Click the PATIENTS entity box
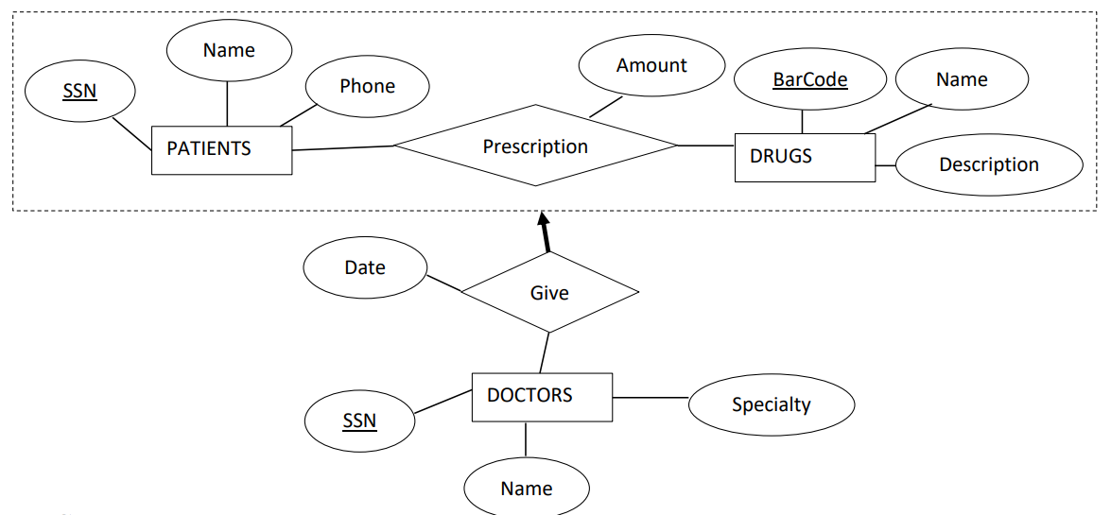[221, 149]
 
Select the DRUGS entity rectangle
[805, 157]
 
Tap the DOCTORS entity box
[542, 397]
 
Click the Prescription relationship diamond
[535, 146]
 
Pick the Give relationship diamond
[549, 293]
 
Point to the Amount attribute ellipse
[651, 66]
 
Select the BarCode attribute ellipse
[810, 80]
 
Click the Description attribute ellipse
[988, 164]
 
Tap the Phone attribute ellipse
[367, 86]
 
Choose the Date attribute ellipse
[365, 267]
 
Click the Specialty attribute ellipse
[771, 404]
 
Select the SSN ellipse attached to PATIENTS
[80, 92]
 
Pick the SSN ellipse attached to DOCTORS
[359, 420]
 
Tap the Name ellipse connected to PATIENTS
[229, 50]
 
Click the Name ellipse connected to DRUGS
[962, 80]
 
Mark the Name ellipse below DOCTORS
[527, 489]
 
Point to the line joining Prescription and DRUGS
[706, 146]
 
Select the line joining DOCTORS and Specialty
[651, 398]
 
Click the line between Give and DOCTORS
[544, 353]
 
